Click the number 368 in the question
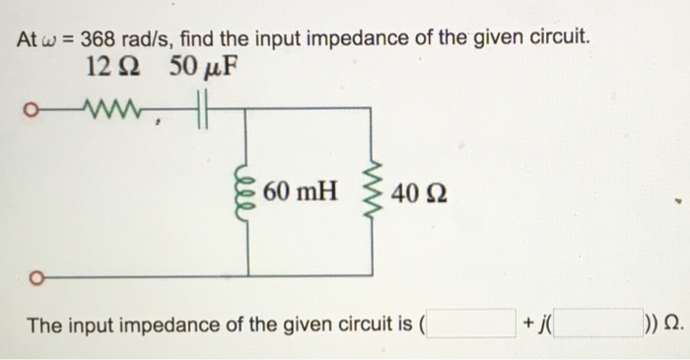click(99, 39)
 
